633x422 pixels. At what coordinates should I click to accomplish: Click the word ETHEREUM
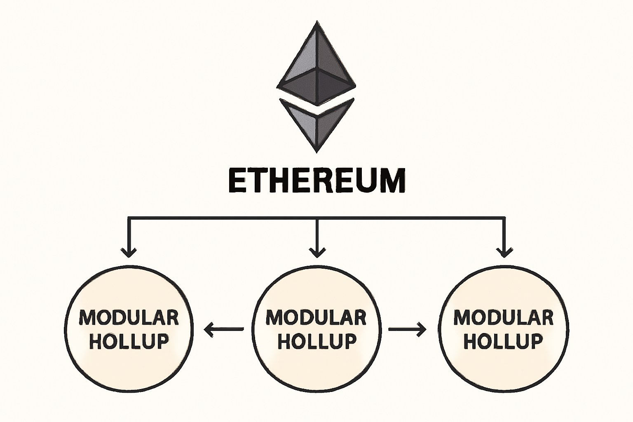316,181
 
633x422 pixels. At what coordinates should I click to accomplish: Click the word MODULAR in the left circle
129,318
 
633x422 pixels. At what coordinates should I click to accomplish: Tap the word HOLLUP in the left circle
129,341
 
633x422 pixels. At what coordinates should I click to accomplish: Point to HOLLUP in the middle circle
316,341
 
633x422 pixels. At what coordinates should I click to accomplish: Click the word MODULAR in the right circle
503,318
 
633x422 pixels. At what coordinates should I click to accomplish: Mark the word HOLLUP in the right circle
503,341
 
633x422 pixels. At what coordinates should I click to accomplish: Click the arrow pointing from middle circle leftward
224,329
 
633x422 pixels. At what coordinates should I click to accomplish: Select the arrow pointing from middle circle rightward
408,329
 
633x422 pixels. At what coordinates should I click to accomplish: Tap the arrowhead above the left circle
129,251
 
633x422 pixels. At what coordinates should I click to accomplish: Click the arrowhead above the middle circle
316,251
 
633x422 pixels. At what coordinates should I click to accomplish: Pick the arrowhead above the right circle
504,251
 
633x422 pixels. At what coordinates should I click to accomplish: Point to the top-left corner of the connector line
129,217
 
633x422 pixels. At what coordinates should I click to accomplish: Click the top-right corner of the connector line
504,217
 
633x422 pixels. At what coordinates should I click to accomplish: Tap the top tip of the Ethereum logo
316,21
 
